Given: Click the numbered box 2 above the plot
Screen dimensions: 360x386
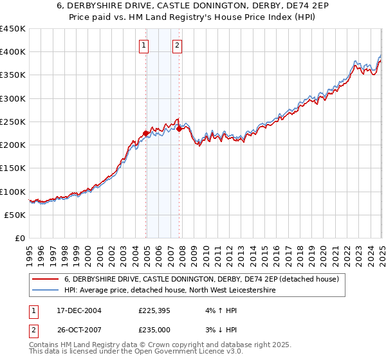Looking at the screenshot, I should (x=176, y=45).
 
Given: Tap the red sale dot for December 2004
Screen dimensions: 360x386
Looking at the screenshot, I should (x=146, y=133).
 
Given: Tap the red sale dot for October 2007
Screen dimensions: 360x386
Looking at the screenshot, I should (x=179, y=129).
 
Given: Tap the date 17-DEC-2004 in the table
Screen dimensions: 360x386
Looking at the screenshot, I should (x=78, y=311).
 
